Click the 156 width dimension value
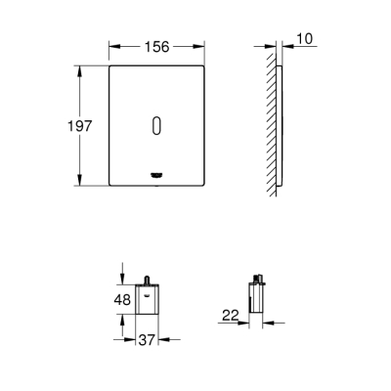tap(156, 44)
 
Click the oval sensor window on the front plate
tap(157, 126)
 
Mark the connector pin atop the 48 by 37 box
tap(147, 280)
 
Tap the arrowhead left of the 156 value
tap(112, 44)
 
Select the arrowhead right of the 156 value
tap(201, 44)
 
